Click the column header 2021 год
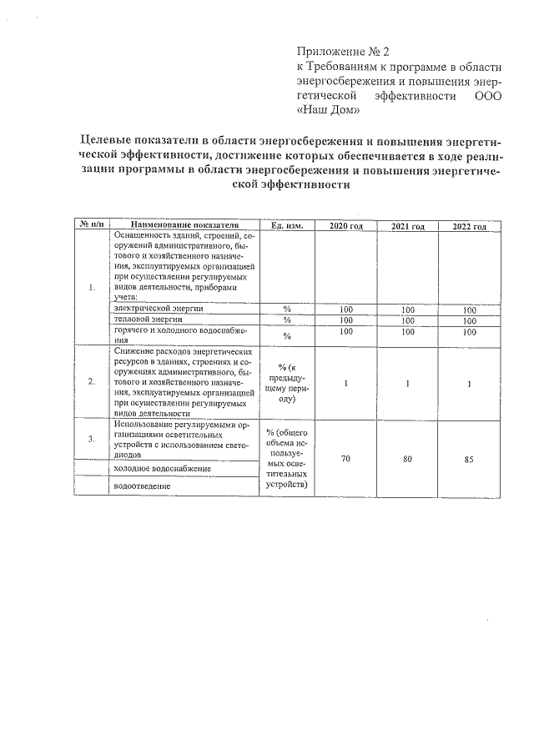click(409, 226)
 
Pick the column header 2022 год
click(470, 226)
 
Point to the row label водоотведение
click(143, 485)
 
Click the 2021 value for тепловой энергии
click(408, 320)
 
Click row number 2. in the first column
click(92, 382)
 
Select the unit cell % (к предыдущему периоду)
click(287, 382)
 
